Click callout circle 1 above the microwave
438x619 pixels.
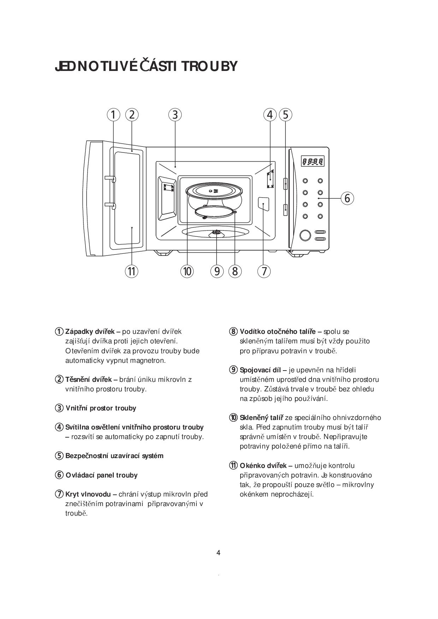113,115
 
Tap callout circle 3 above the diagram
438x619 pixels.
175,115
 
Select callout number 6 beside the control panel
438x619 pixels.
347,198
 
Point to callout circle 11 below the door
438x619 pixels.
131,271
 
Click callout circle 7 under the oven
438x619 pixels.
264,271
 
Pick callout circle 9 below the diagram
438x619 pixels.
217,271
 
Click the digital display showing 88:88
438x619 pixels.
313,162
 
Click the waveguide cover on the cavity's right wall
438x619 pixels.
264,204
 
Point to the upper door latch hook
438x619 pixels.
110,179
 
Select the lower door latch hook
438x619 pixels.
110,206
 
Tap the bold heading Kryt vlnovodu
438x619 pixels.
88,494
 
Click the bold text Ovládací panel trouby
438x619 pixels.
102,475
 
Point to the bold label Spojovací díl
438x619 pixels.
260,370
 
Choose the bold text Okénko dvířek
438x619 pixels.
263,465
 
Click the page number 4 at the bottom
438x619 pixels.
218,553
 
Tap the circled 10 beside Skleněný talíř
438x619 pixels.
233,417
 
